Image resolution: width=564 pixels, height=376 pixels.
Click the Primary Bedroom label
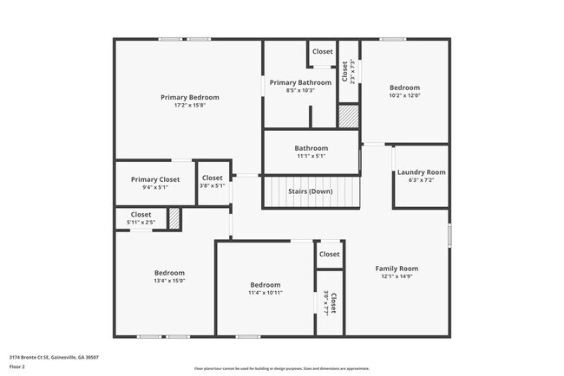(189, 97)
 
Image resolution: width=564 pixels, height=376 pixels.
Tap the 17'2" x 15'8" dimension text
(189, 106)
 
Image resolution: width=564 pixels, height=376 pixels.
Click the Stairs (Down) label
(310, 191)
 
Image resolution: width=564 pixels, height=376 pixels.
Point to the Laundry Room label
(421, 172)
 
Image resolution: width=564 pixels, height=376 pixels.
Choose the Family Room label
(396, 269)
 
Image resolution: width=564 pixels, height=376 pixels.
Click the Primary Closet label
(155, 179)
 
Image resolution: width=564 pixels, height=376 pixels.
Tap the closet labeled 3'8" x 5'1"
(213, 182)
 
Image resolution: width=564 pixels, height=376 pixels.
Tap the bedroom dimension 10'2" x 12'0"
(404, 96)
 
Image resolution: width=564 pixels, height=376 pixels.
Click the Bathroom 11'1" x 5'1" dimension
(311, 157)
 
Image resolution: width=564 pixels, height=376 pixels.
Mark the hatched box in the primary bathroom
(348, 116)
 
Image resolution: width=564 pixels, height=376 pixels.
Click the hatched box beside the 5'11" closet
(174, 218)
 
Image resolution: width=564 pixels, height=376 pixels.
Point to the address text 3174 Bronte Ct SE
(54, 357)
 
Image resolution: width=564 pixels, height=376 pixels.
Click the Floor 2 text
(18, 366)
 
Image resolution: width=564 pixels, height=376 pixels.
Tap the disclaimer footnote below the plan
(281, 368)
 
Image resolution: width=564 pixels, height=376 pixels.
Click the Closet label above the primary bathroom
(322, 52)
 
